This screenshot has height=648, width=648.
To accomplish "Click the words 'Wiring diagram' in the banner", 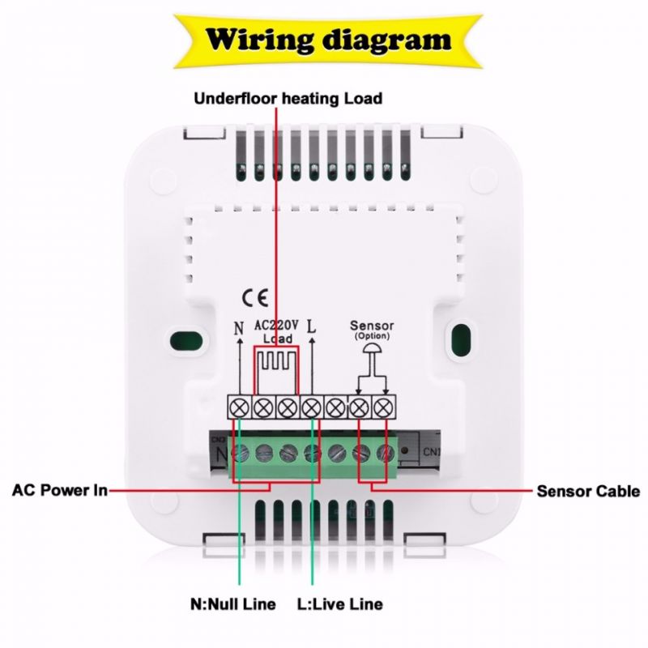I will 327,37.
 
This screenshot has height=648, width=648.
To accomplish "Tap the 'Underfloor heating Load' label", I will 288,99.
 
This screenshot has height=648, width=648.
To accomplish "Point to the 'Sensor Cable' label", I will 589,491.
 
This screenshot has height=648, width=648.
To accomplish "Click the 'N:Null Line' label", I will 232,604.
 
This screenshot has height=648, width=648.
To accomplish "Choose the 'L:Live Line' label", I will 340,604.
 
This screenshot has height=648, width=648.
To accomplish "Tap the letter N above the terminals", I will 238,329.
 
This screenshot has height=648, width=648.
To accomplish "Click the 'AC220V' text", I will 277,326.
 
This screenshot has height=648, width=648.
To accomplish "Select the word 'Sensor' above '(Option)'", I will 372,326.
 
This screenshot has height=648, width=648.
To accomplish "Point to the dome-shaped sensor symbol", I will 372,349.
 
